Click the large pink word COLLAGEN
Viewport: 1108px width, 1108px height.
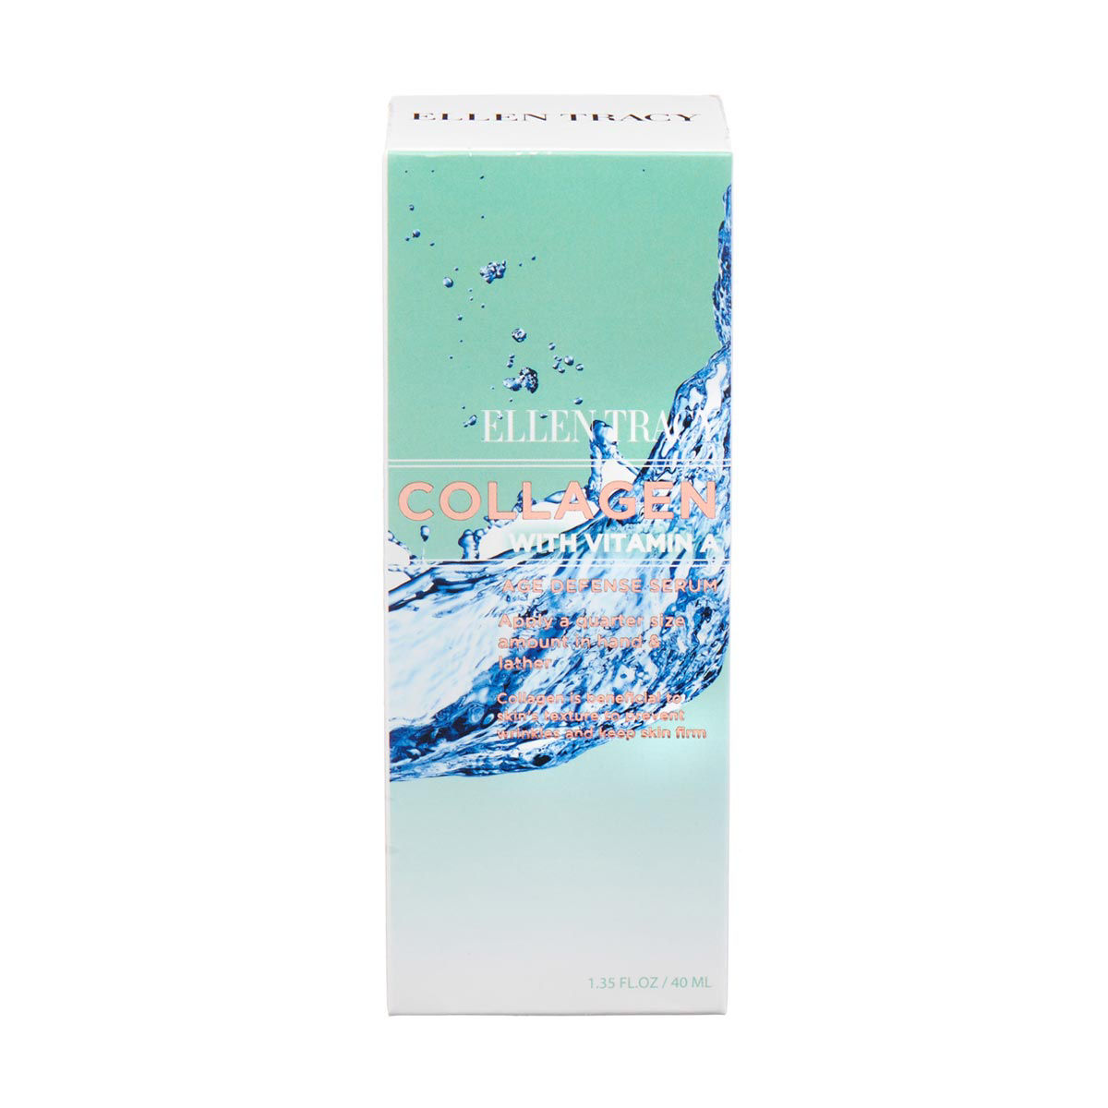click(560, 500)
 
